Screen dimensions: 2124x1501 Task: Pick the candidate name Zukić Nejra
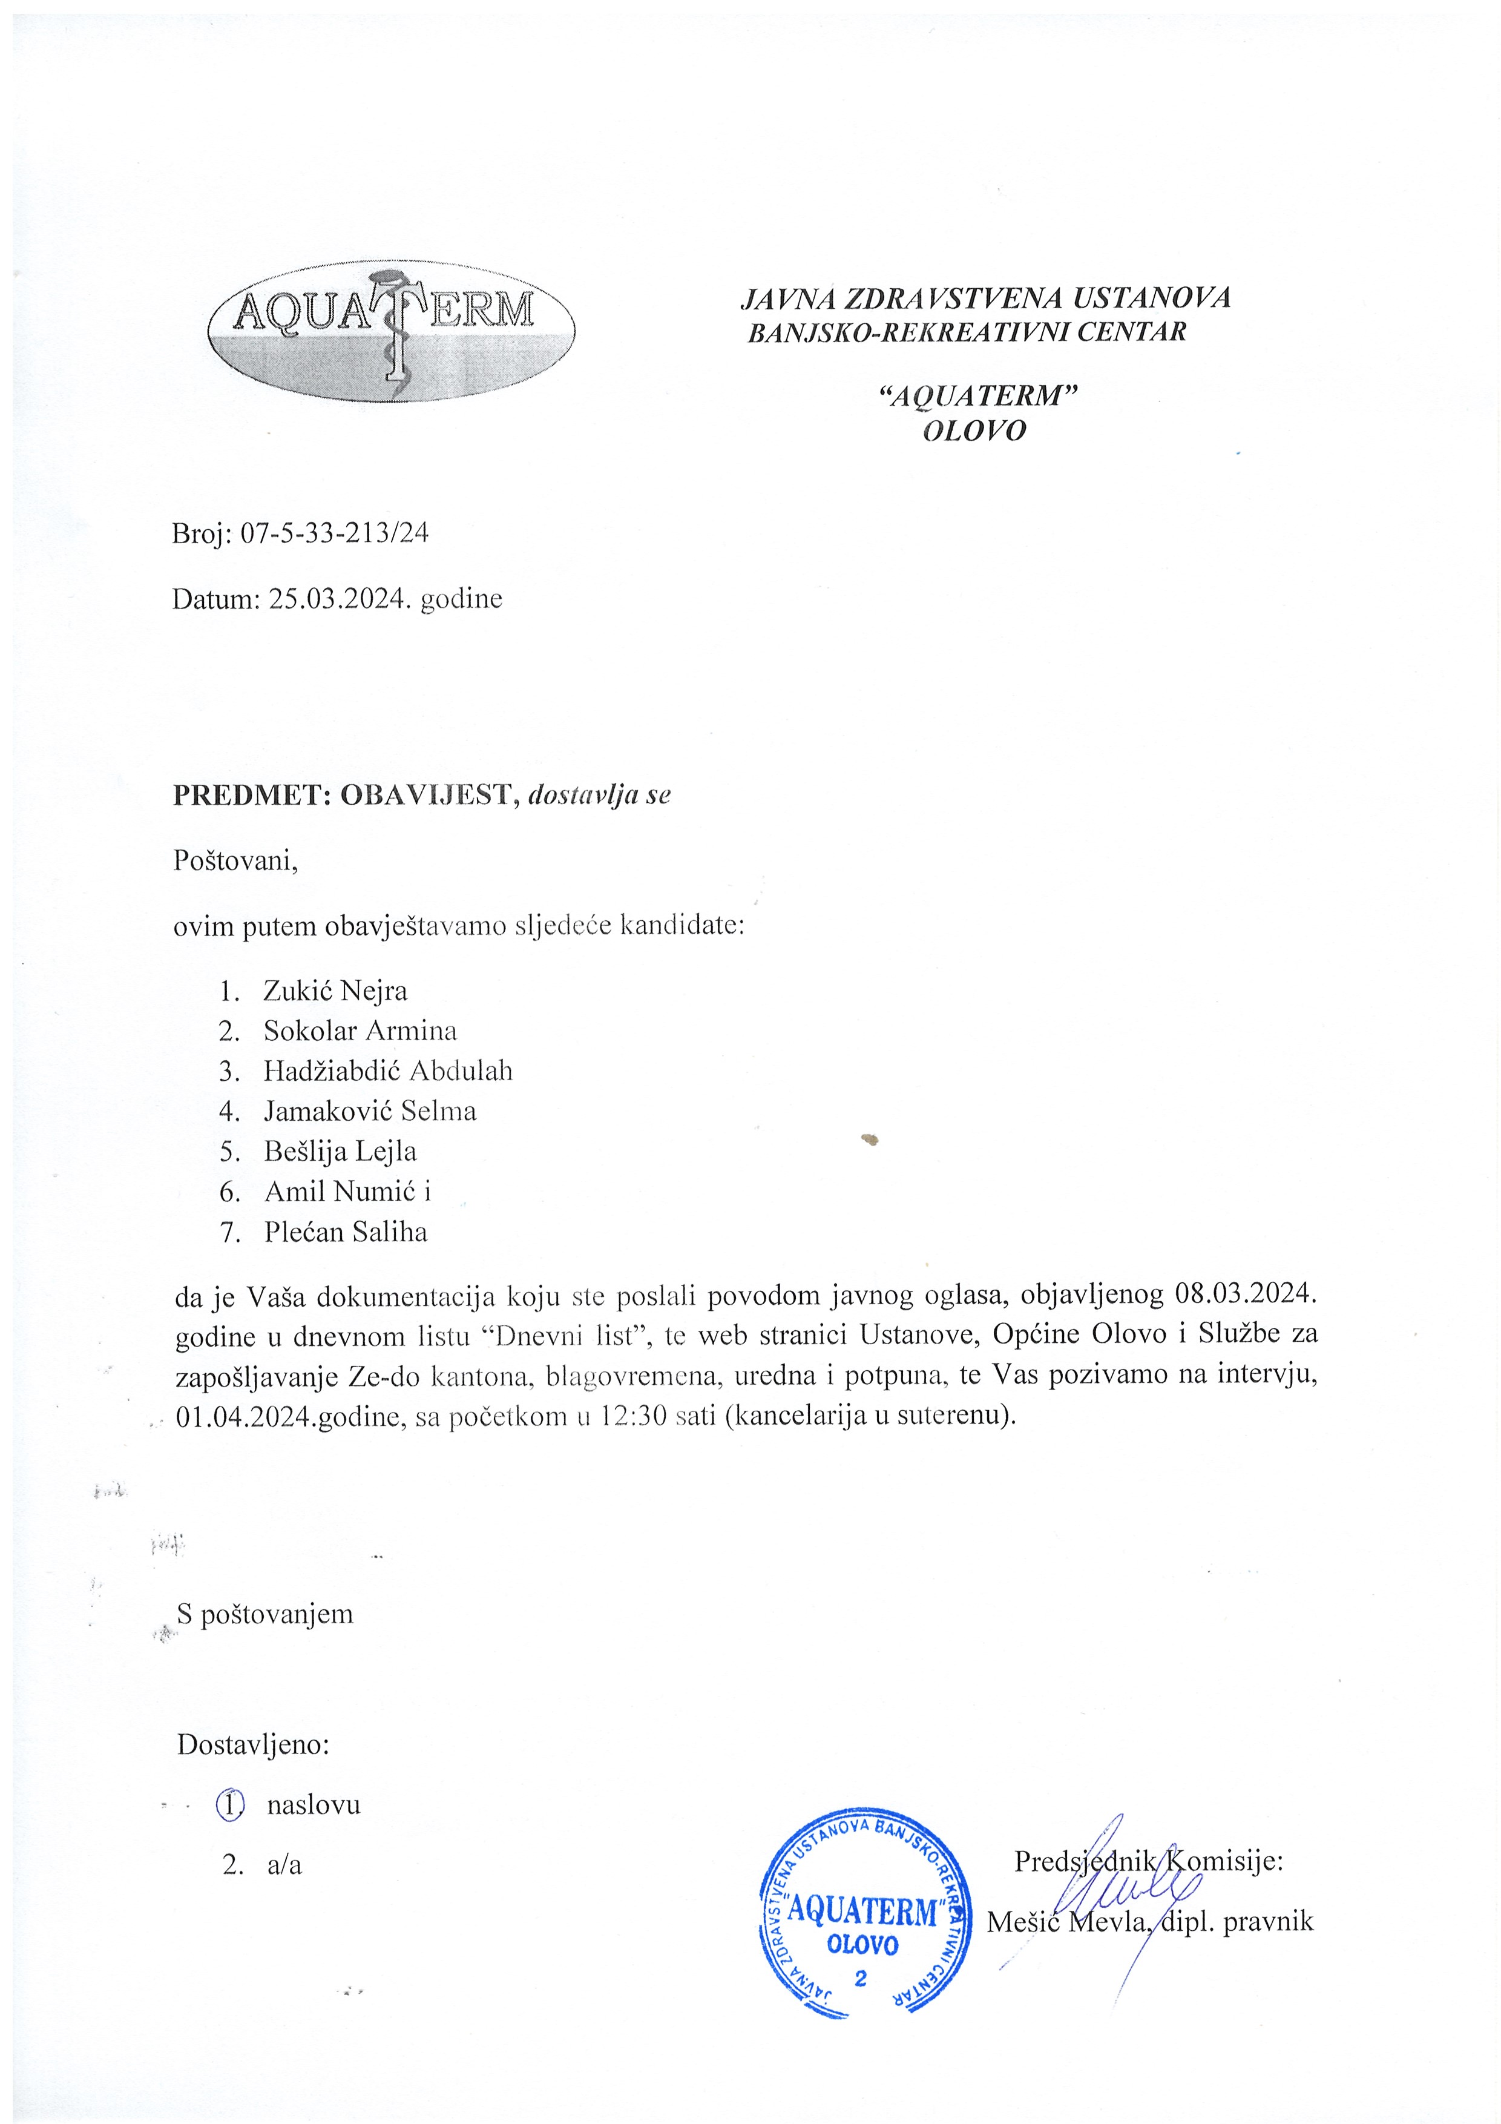[x=335, y=991]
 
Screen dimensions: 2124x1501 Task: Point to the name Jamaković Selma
[x=370, y=1111]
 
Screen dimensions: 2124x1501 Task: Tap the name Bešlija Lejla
[x=340, y=1152]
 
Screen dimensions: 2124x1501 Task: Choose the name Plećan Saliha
[x=346, y=1232]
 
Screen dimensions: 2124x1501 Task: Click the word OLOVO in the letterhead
[x=975, y=431]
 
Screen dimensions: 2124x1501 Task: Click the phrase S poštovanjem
[x=266, y=1614]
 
